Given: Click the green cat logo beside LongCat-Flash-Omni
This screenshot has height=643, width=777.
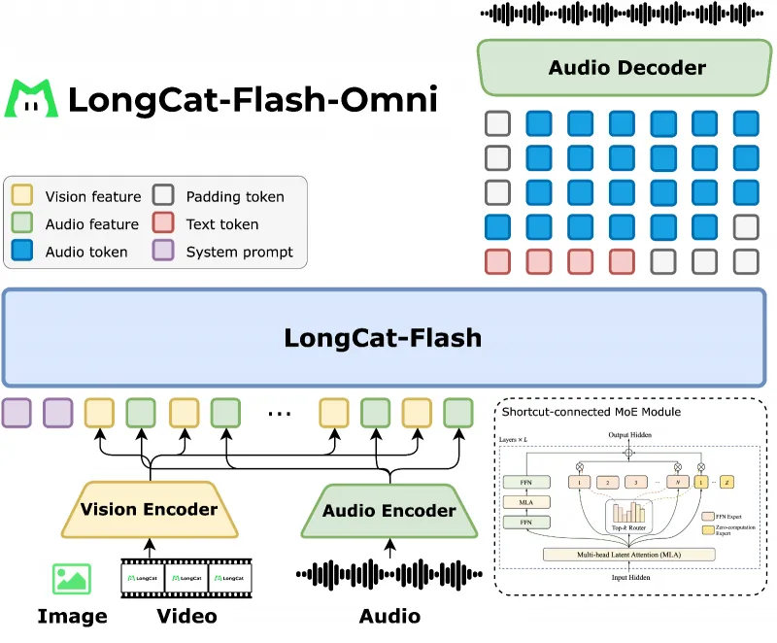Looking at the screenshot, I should click(x=32, y=98).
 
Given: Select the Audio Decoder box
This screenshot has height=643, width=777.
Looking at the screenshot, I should click(x=626, y=68).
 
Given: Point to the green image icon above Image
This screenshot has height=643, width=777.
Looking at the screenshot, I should click(x=72, y=579).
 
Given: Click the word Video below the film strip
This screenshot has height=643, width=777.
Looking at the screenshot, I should click(x=186, y=616).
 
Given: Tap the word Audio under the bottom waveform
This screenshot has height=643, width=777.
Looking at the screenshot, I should click(x=389, y=616).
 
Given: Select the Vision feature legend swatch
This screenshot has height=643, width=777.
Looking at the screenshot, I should click(x=22, y=196).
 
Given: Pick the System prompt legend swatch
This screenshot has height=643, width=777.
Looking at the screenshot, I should click(x=164, y=252).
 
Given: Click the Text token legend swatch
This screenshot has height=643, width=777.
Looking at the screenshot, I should click(x=164, y=224).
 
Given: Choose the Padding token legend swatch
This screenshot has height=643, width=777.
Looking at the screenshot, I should click(x=164, y=196).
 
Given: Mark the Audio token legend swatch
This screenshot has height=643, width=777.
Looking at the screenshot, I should click(x=22, y=252).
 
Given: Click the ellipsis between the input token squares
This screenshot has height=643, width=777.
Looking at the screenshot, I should click(x=279, y=413).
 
